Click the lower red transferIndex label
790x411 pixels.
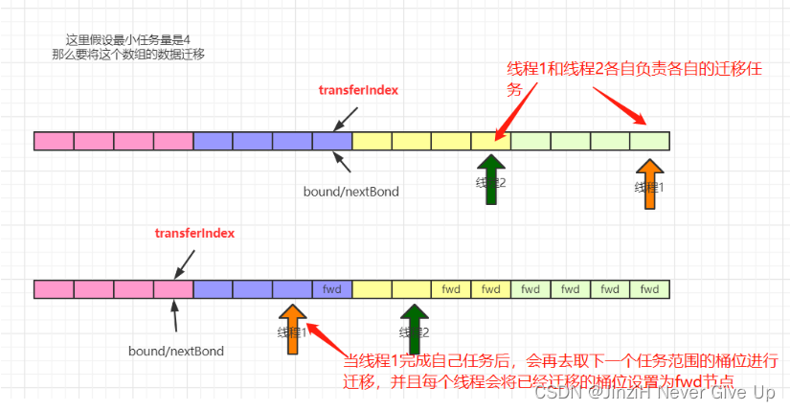(194, 233)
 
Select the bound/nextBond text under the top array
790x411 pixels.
(350, 192)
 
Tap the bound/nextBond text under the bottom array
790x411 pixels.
(176, 351)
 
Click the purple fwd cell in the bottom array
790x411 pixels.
(332, 288)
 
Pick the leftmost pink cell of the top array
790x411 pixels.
(54, 141)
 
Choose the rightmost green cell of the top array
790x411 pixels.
(649, 141)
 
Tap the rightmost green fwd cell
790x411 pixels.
(649, 288)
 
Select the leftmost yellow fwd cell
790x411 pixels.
(451, 288)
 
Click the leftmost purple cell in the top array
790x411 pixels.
(213, 141)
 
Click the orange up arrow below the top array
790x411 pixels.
(650, 182)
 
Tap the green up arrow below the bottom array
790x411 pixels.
(414, 328)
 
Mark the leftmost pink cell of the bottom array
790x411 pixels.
(54, 288)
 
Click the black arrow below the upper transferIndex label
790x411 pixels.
(346, 118)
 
